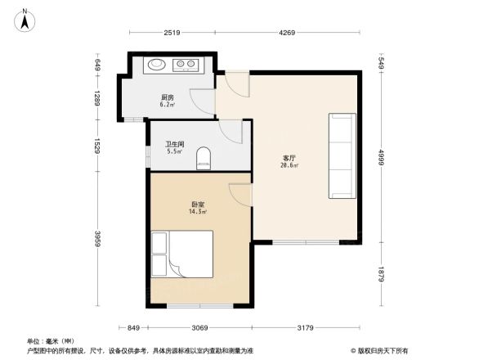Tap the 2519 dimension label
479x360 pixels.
coord(171,33)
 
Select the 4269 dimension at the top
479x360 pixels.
coord(286,33)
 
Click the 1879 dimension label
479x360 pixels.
coord(381,274)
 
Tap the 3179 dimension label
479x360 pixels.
coord(307,328)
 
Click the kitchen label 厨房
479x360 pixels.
coord(168,97)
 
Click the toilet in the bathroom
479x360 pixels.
coord(204,158)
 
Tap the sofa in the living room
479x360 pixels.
coord(341,155)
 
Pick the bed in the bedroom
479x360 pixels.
coord(182,253)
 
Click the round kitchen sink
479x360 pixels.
coord(155,65)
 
